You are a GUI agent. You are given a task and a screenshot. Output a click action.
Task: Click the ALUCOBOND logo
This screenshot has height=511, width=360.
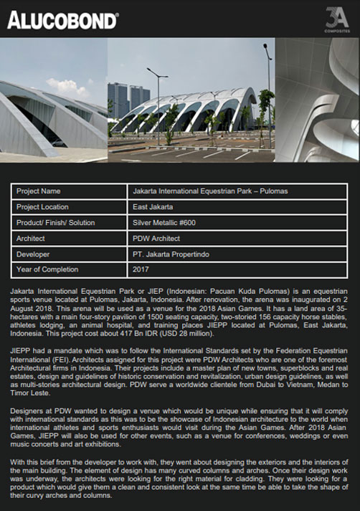coord(62,19)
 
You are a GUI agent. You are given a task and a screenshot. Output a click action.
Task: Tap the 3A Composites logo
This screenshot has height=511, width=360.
coord(336,17)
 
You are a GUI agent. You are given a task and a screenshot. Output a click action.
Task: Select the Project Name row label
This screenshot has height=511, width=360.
coord(38,191)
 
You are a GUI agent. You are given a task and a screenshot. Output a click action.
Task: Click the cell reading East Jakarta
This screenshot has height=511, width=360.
coord(153,207)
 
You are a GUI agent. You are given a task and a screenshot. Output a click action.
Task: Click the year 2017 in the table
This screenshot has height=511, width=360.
coord(141,269)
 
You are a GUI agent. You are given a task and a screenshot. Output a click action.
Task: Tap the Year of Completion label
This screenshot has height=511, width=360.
coord(47,269)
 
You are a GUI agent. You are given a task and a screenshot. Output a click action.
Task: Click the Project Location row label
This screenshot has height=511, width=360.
coord(43,207)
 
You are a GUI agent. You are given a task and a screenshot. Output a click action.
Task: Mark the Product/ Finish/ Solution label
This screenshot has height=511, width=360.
coord(55,223)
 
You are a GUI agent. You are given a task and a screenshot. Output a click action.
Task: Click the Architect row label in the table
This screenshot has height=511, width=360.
coord(31,238)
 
